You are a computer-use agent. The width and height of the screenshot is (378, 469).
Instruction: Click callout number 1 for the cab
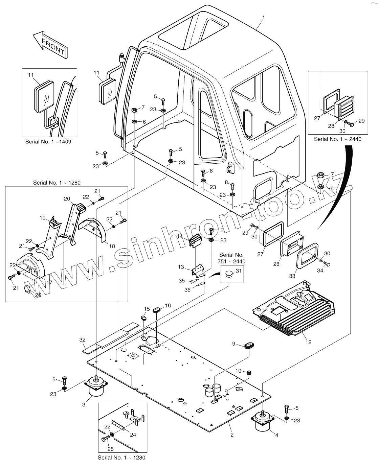coord(264,17)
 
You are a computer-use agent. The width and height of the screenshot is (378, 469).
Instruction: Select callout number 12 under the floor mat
coord(308,342)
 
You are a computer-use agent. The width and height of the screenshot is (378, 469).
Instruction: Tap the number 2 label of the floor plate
coord(232,435)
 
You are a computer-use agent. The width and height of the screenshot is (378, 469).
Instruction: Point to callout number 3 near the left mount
coord(83,404)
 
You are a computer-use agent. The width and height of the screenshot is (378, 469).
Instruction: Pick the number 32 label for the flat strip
coord(82,339)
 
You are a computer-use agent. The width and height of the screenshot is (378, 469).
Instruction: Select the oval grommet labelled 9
coord(249,346)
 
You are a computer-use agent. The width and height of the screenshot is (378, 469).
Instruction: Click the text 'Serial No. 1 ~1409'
coord(48,142)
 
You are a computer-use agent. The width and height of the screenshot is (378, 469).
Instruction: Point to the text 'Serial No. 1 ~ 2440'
coord(337,139)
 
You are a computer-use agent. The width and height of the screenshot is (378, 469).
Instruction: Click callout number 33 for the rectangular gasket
coord(292,276)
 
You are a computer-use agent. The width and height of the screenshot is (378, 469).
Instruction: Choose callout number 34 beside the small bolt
coord(320,271)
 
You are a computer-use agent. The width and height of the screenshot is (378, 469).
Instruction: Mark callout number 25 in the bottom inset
coord(111,449)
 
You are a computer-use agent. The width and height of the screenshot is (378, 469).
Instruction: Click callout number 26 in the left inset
coord(38,295)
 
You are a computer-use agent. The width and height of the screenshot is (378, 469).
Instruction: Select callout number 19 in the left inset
coord(43,218)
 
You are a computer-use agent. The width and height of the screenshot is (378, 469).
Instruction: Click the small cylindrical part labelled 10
coord(250,372)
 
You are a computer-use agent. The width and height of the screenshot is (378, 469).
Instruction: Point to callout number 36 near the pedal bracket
coord(187,289)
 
